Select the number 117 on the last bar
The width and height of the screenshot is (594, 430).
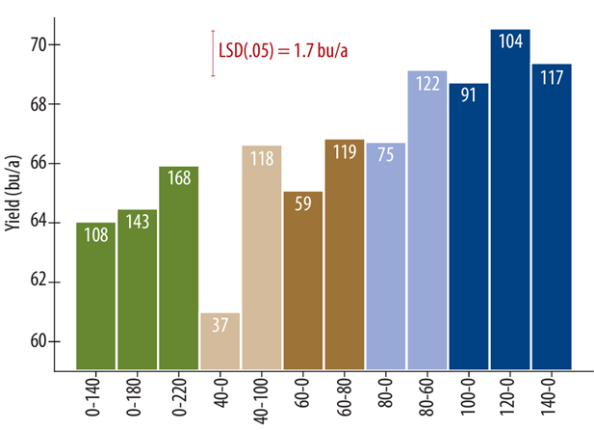tap(552, 77)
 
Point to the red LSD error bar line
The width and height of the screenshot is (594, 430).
tap(213, 52)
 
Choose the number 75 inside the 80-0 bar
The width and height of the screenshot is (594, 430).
tap(386, 155)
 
